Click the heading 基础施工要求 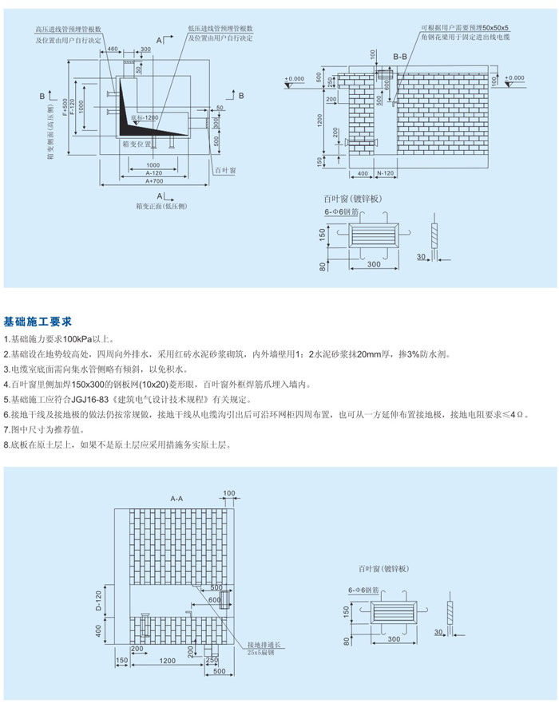click(38, 322)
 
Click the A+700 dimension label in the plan click(155, 181)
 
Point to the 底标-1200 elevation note click(145, 117)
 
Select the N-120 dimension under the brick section click(385, 172)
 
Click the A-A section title click(176, 498)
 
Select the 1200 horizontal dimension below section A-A click(167, 662)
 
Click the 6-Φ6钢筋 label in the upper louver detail click(345, 210)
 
